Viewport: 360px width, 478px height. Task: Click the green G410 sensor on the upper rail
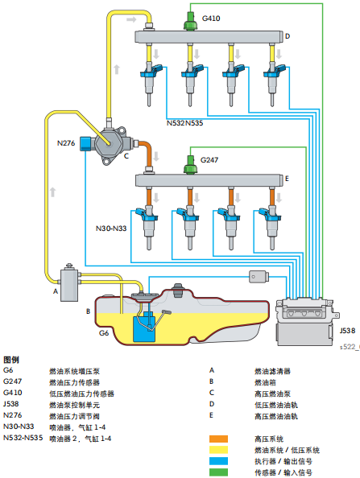[x=190, y=21]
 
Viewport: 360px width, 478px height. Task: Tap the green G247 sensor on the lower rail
[x=190, y=163]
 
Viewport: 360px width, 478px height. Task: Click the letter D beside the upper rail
[x=288, y=35]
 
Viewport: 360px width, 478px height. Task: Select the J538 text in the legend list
[x=12, y=405]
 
